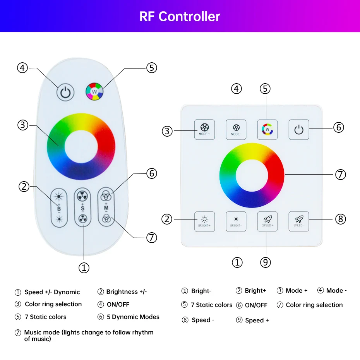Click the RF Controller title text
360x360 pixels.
180,16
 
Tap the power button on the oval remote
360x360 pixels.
65,93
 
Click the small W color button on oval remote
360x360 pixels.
94,92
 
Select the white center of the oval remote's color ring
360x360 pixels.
81,146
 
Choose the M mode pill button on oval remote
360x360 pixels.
106,207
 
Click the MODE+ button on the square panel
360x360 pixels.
204,129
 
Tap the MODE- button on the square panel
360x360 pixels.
236,129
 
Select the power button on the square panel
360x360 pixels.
299,129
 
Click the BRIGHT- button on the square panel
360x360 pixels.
236,221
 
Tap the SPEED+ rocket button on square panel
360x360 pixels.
267,221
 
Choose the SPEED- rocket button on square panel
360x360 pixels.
299,221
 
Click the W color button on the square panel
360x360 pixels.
267,129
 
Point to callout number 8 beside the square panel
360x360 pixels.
340,219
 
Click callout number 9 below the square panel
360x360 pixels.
265,262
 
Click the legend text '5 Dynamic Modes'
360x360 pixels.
133,317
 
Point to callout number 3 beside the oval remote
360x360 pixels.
23,125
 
